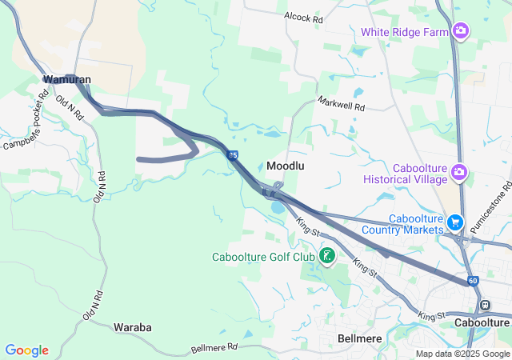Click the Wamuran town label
pyautogui.click(x=67, y=80)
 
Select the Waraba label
pyautogui.click(x=132, y=328)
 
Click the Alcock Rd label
pyautogui.click(x=302, y=16)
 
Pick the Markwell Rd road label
pyautogui.click(x=341, y=104)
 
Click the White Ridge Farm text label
pyautogui.click(x=404, y=32)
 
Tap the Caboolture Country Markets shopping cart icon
pyautogui.click(x=455, y=222)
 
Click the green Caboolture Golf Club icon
pyautogui.click(x=326, y=256)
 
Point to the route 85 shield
pyautogui.click(x=231, y=155)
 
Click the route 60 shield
pyautogui.click(x=473, y=281)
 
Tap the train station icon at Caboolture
pyautogui.click(x=484, y=306)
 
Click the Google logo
pyautogui.click(x=26, y=350)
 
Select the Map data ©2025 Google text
pyautogui.click(x=462, y=354)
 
